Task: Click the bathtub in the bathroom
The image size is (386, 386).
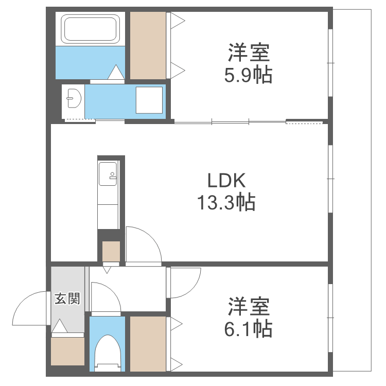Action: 91,29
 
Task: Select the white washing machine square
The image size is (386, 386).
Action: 149,100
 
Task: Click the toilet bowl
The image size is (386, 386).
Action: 107,350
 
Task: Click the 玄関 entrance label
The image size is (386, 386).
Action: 67,298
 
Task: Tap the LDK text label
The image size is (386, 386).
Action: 226,181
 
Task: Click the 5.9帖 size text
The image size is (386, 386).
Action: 248,76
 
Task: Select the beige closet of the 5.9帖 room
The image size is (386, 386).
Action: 148,45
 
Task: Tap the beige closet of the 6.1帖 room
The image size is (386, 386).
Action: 148,343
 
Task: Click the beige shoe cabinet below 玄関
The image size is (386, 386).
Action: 67,352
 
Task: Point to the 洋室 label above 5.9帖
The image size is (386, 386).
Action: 248,53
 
